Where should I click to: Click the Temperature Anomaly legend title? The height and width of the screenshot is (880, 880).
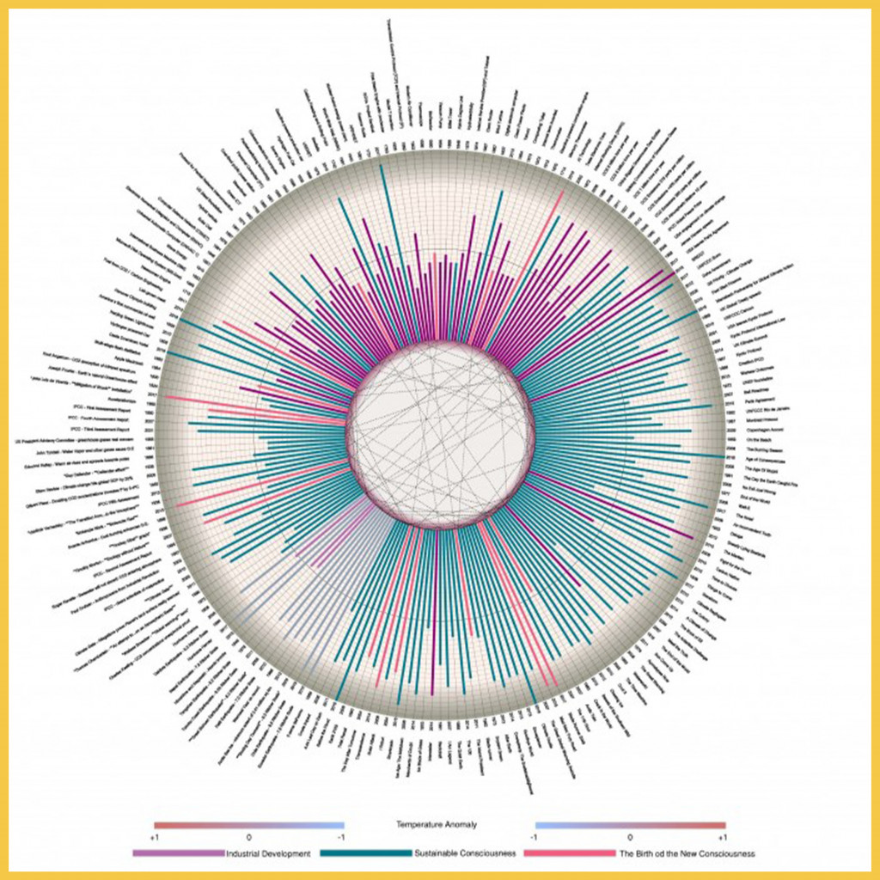coord(437,825)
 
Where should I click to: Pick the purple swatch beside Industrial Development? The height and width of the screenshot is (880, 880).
coord(178,854)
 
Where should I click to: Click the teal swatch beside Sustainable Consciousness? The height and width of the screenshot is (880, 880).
coord(365,854)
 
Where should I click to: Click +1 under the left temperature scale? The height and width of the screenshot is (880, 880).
coord(155,836)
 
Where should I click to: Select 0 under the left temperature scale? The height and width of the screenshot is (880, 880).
coord(249,836)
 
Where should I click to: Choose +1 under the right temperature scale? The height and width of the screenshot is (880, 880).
coord(722,836)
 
